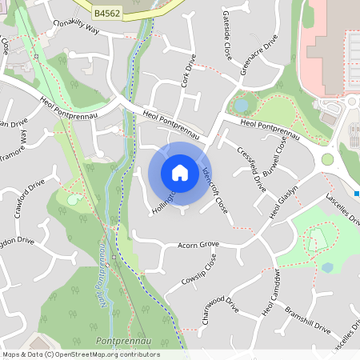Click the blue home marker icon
point(180,173)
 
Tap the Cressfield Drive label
point(252,169)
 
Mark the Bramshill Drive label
point(307,318)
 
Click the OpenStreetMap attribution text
point(81,354)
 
